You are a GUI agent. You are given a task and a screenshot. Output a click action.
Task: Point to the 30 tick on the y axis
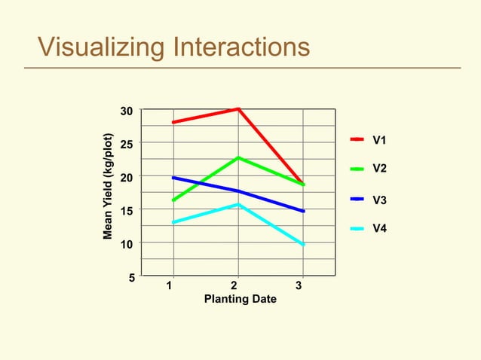click(x=127, y=111)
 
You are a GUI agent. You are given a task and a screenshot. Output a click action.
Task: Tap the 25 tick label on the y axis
click(x=127, y=144)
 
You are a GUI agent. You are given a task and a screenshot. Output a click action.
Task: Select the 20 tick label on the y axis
click(x=127, y=177)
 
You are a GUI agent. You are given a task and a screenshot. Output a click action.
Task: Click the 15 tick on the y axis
click(x=127, y=211)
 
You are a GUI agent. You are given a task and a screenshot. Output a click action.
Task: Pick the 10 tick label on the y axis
click(x=127, y=245)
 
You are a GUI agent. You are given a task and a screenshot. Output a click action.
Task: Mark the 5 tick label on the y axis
click(x=130, y=277)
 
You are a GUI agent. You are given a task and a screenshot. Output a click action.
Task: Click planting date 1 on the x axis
click(x=170, y=286)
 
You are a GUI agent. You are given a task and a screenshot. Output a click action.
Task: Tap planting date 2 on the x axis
click(x=234, y=286)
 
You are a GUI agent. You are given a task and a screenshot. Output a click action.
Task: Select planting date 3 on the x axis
click(x=299, y=286)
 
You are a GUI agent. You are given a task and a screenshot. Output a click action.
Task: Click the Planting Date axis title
click(x=240, y=300)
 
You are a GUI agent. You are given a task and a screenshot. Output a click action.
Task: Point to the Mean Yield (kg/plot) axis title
click(x=109, y=186)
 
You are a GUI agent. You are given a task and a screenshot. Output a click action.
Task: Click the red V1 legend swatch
click(x=357, y=139)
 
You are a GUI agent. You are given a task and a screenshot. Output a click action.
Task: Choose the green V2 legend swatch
click(x=357, y=169)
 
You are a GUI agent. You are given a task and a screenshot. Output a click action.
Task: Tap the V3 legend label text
click(x=380, y=200)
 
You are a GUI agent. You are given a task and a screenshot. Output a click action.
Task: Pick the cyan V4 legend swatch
click(x=357, y=229)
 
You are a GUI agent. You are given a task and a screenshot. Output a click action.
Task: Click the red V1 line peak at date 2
click(x=238, y=109)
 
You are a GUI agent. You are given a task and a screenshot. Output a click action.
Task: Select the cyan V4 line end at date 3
click(x=303, y=245)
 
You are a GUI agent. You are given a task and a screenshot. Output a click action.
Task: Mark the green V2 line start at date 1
click(x=174, y=200)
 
